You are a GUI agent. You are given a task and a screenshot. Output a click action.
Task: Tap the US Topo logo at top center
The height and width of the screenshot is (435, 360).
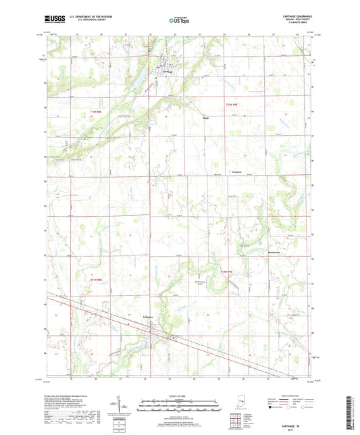tap(179, 21)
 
